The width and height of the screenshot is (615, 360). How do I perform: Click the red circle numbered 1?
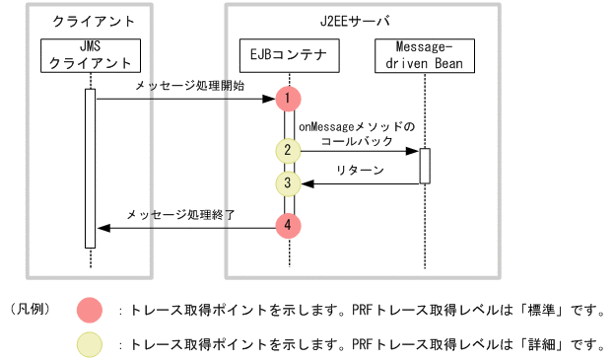click(x=288, y=99)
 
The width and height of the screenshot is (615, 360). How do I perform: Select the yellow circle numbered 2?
click(x=288, y=151)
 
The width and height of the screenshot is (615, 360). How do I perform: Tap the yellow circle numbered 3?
click(x=288, y=182)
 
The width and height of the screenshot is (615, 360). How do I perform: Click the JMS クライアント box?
click(x=90, y=56)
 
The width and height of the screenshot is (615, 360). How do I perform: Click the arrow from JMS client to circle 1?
click(x=182, y=99)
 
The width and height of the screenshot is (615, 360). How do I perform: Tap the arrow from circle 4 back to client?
click(x=184, y=227)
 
